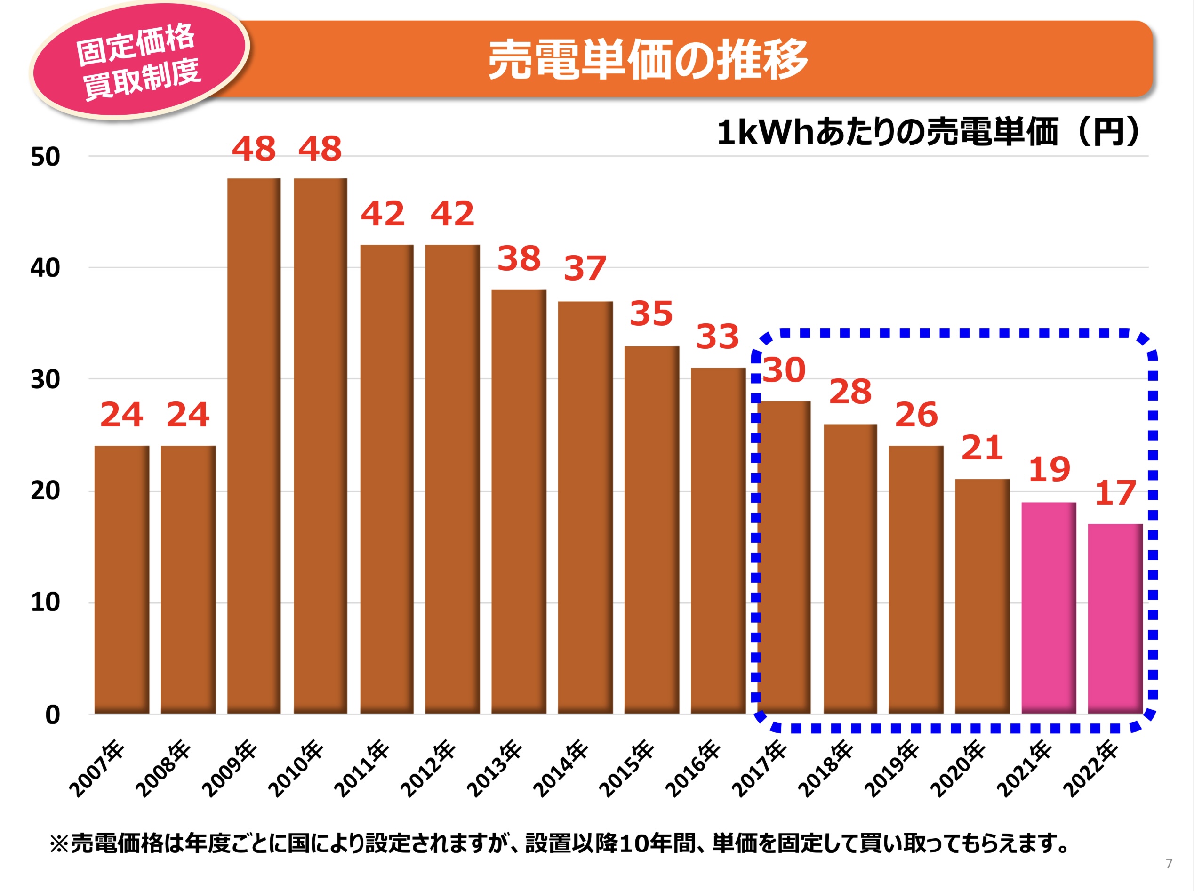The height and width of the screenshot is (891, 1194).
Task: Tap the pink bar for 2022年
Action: [1115, 618]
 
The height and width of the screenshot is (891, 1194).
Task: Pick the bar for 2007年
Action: [121, 580]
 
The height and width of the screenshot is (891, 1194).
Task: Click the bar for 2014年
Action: [585, 507]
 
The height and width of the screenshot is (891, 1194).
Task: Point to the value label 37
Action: [585, 268]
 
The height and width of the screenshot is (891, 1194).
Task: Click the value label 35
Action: [651, 313]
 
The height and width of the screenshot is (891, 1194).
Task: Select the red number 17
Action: [1115, 493]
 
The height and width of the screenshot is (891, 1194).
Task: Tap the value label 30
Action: [784, 370]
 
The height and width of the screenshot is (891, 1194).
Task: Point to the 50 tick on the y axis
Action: [45, 157]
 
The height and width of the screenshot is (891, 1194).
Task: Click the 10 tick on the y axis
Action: [45, 602]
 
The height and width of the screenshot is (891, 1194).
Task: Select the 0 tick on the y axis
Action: [52, 715]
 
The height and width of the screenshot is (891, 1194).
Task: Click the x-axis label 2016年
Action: [693, 769]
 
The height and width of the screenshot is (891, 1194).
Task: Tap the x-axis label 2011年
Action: [362, 769]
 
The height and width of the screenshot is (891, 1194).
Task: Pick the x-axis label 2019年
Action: [892, 769]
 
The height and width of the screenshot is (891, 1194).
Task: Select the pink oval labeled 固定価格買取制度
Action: [139, 61]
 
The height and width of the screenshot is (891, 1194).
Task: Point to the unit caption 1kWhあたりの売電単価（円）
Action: [929, 132]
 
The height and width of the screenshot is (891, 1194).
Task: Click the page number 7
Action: [1169, 864]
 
